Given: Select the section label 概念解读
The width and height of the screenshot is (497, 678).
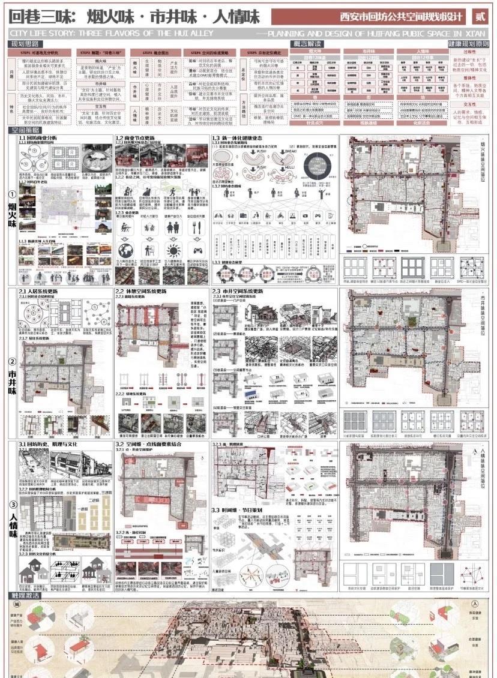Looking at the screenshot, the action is click(306, 44).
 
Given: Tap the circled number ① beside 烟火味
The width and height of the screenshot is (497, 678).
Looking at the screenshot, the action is click(11, 194).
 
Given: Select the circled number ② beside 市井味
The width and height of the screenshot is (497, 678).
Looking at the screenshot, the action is click(11, 362).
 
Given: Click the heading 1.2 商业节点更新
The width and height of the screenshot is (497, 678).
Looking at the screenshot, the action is click(137, 137).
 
